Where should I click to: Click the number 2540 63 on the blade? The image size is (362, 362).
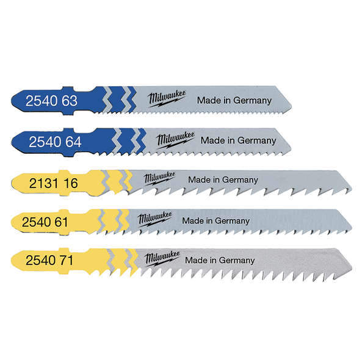pyautogui.click(x=51, y=101)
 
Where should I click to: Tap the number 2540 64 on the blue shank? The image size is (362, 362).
pyautogui.click(x=55, y=142)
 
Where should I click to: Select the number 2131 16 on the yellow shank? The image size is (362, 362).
pyautogui.click(x=54, y=183)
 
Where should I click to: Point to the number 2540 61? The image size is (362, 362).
pyautogui.click(x=45, y=222)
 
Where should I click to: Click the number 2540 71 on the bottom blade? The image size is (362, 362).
pyautogui.click(x=49, y=260)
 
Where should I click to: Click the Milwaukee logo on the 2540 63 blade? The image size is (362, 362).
pyautogui.click(x=167, y=98)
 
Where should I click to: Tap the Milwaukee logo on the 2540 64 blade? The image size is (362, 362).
pyautogui.click(x=175, y=140)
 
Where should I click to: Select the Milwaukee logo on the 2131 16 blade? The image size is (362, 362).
pyautogui.click(x=159, y=178)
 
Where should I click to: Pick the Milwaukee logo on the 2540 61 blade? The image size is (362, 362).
pyautogui.click(x=155, y=219)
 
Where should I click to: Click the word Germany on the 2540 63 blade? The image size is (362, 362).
pyautogui.click(x=252, y=101)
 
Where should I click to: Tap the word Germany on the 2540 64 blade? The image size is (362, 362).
pyautogui.click(x=257, y=141)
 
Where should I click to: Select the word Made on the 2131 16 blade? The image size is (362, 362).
pyautogui.click(x=197, y=179)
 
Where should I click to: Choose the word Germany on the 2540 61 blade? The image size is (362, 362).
pyautogui.click(x=232, y=221)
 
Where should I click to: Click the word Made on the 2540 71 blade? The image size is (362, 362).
pyautogui.click(x=194, y=260)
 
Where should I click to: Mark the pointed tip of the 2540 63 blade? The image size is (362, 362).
pyautogui.click(x=291, y=107)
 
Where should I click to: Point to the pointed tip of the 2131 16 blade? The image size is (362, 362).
pyautogui.click(x=352, y=190)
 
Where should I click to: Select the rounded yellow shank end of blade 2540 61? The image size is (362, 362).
pyautogui.click(x=12, y=222)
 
